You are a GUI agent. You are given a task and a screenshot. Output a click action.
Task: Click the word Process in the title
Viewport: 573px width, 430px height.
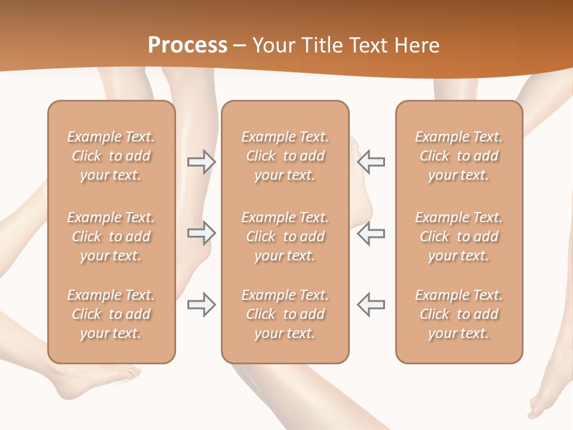tap(187, 45)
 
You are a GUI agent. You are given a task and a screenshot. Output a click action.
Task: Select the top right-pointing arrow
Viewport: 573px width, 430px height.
tap(201, 162)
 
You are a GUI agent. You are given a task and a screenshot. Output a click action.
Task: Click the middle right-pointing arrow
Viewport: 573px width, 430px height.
tap(201, 233)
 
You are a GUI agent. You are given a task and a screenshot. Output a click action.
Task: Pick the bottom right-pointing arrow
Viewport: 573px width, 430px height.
tap(201, 305)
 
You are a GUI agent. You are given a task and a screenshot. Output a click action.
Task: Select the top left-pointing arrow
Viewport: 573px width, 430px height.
tap(371, 162)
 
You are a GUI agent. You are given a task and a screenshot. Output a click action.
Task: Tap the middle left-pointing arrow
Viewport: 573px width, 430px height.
tap(371, 233)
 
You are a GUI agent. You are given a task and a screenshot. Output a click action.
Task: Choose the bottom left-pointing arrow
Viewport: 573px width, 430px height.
tap(371, 305)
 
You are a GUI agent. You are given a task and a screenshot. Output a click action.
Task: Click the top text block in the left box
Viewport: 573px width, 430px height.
tap(111, 156)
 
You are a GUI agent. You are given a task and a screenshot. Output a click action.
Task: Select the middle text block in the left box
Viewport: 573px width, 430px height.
tap(111, 236)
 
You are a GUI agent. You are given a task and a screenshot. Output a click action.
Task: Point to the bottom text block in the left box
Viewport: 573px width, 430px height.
tap(111, 314)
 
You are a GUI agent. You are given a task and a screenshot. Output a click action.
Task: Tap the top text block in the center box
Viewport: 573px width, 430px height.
tap(285, 156)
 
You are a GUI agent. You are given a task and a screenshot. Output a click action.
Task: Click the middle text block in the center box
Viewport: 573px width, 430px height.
tap(285, 236)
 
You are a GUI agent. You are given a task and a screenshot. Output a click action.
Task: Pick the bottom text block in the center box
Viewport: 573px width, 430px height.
tap(285, 314)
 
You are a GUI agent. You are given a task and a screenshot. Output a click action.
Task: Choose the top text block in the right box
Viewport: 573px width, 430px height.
tap(458, 156)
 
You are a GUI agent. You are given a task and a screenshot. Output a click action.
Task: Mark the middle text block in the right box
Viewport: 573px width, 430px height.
tap(458, 236)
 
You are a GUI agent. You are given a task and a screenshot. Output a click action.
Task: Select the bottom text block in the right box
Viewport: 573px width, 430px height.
tap(458, 314)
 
